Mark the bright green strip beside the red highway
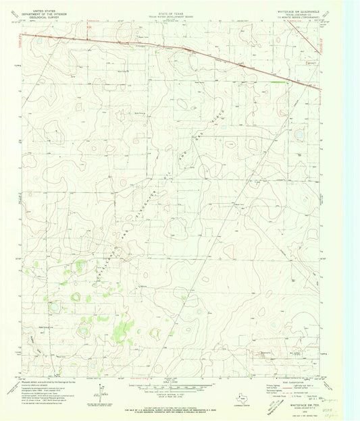[x=275, y=82]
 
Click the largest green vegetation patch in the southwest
[x=122, y=330]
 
